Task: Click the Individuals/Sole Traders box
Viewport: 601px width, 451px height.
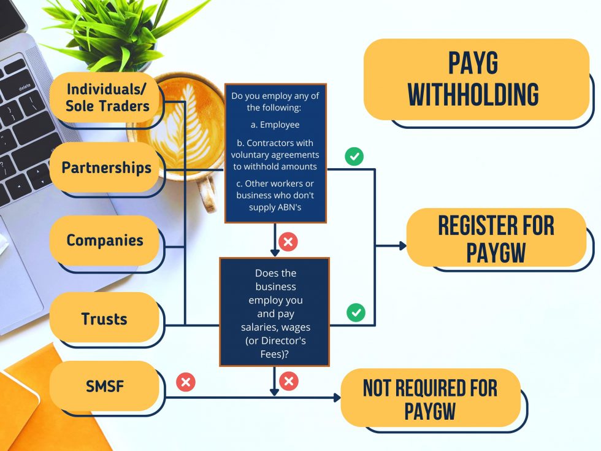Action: [107, 97]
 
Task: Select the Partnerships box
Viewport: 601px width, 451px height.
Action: [106, 168]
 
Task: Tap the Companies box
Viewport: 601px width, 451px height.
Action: [105, 240]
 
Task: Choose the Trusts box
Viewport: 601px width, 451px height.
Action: [104, 318]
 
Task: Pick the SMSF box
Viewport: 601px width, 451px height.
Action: [104, 386]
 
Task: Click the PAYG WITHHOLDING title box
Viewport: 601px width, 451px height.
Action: [476, 79]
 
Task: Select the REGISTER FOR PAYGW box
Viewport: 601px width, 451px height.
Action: [496, 238]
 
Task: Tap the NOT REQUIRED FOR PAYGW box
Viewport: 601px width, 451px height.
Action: [430, 399]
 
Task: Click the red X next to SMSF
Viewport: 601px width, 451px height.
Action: [185, 383]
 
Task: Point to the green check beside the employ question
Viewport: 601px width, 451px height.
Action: [354, 156]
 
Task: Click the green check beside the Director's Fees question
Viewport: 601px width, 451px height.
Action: [356, 312]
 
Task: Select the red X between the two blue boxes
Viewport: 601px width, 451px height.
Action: [288, 242]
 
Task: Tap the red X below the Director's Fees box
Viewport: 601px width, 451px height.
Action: [288, 382]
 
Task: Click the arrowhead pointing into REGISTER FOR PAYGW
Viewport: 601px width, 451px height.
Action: [403, 245]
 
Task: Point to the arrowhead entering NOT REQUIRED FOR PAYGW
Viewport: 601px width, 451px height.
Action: [337, 398]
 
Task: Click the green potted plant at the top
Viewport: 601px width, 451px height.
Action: [123, 31]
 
